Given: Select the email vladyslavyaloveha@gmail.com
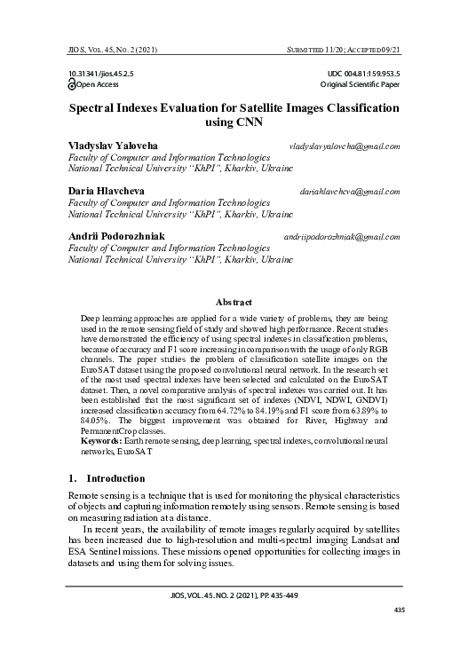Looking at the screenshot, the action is [344, 146].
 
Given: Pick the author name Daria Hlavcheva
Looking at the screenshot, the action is [107, 191].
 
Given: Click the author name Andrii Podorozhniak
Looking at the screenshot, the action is [115, 236].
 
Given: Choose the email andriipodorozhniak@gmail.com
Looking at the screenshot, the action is [341, 237].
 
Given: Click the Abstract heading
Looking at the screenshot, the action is [234, 303].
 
